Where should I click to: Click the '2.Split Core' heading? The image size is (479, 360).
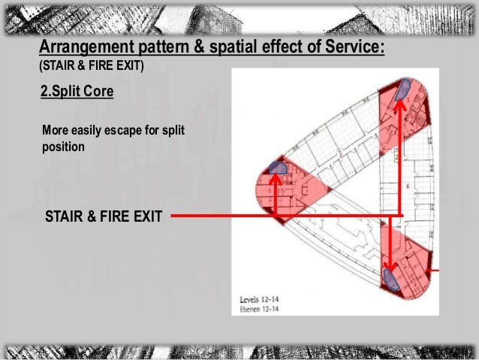click(78, 93)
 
